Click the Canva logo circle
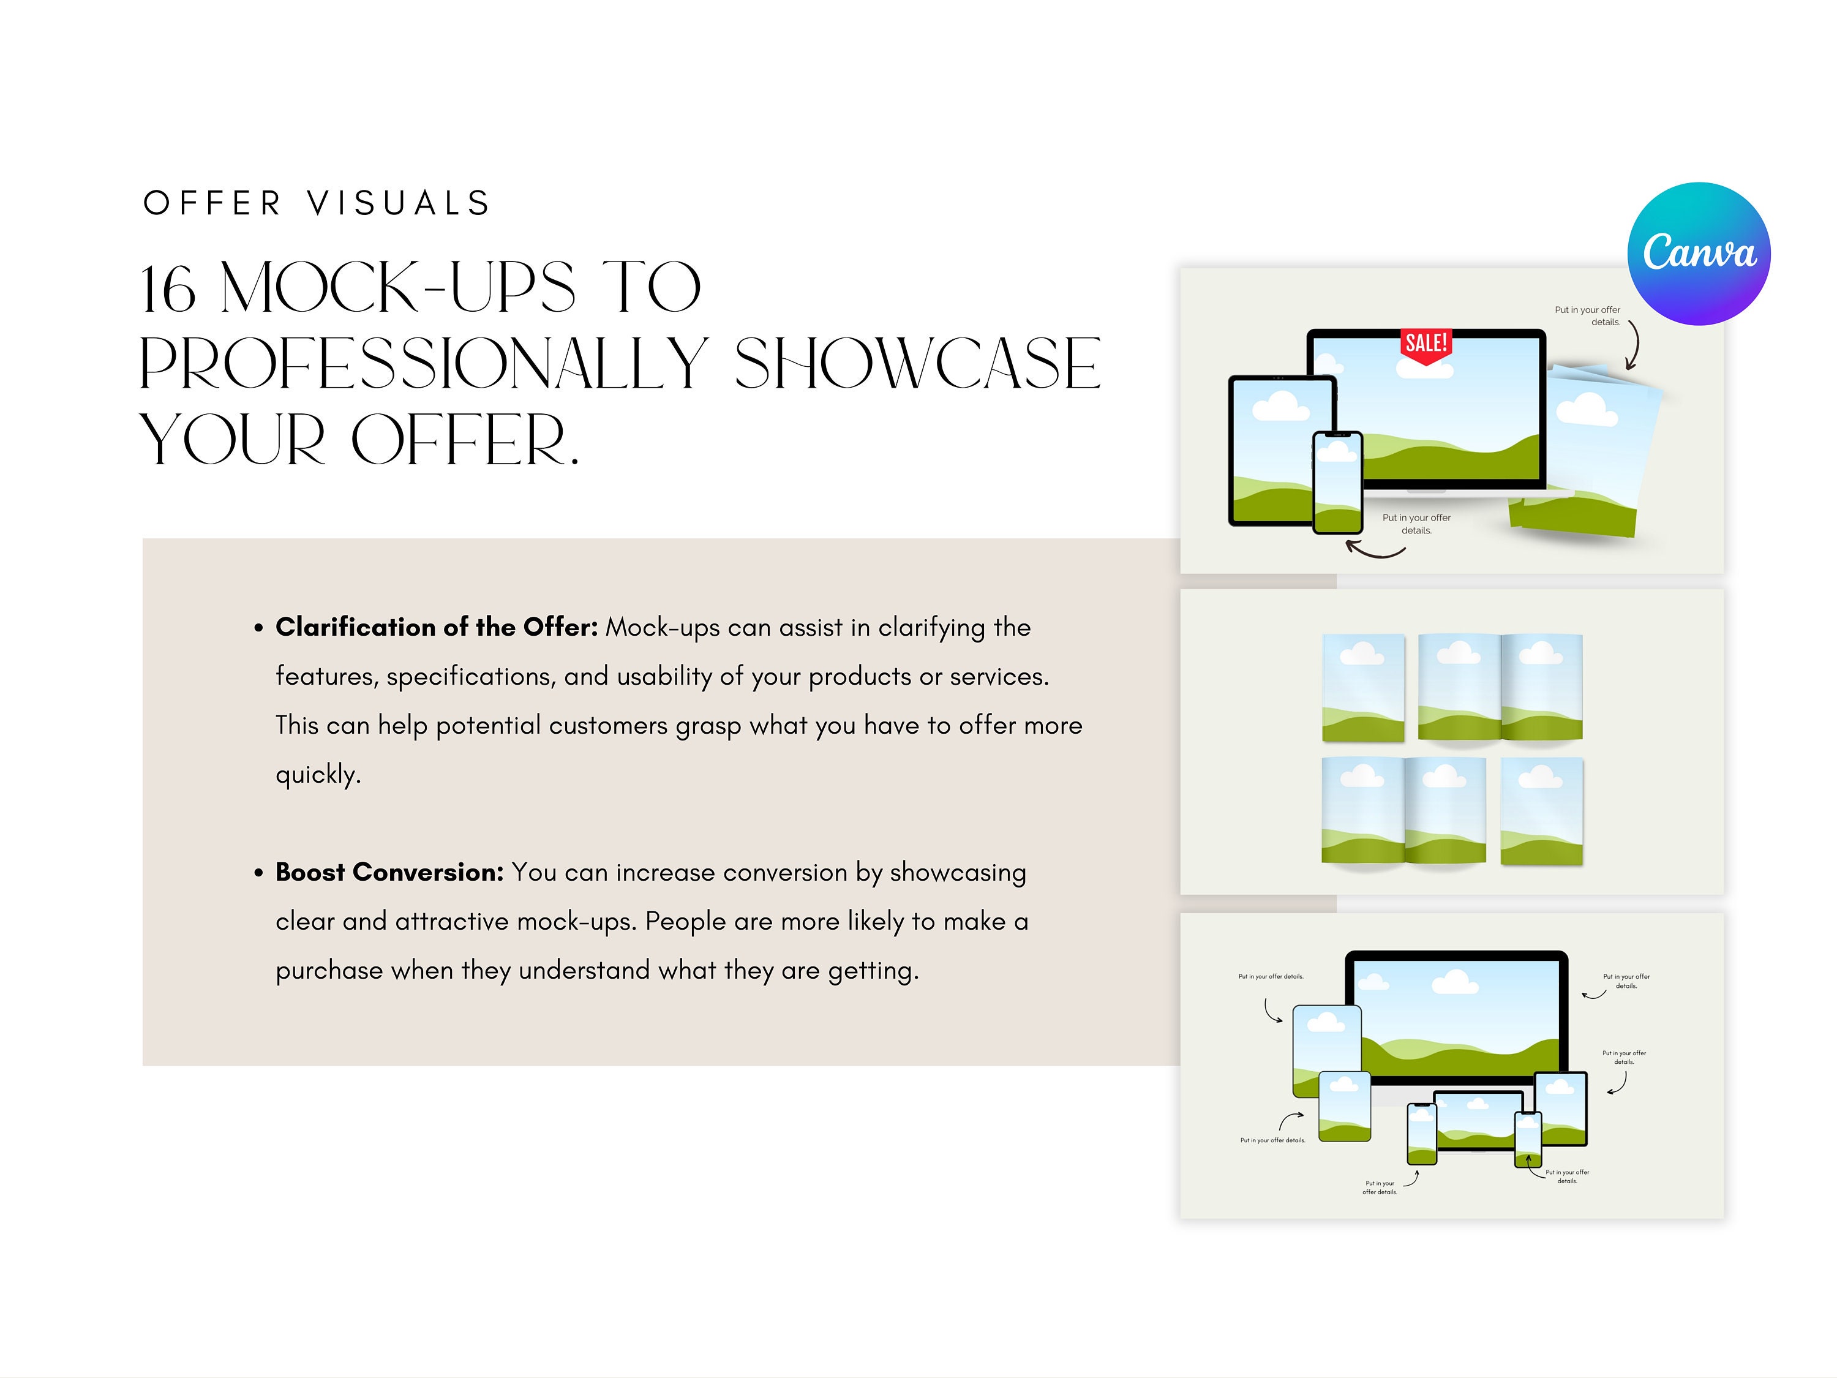pyautogui.click(x=1699, y=254)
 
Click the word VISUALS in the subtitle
pyautogui.click(x=399, y=203)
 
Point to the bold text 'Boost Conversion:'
pyautogui.click(x=389, y=872)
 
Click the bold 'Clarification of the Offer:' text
pyautogui.click(x=436, y=627)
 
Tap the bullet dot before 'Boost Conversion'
pyautogui.click(x=259, y=873)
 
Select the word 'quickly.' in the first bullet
pyautogui.click(x=318, y=774)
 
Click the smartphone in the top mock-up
pyautogui.click(x=1337, y=483)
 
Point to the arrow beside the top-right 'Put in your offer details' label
pyautogui.click(x=1632, y=345)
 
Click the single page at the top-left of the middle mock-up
pyautogui.click(x=1363, y=688)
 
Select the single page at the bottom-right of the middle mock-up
pyautogui.click(x=1541, y=811)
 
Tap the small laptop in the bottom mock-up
pyautogui.click(x=1478, y=1122)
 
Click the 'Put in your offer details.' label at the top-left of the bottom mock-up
pyautogui.click(x=1271, y=977)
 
